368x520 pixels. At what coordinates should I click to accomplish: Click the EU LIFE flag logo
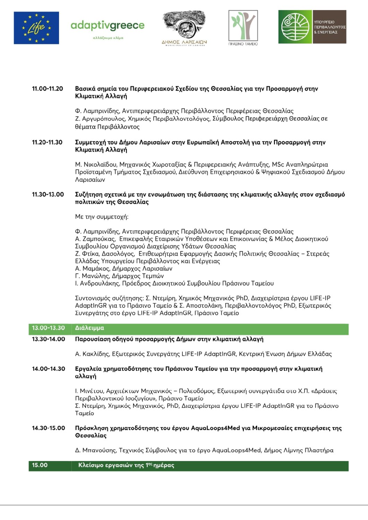(x=36, y=28)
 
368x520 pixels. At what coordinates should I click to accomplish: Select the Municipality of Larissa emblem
(x=184, y=28)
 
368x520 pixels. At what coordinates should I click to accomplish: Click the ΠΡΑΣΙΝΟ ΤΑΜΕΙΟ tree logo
(x=243, y=28)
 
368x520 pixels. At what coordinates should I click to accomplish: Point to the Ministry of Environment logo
(x=312, y=27)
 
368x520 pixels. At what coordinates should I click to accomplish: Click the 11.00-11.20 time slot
(x=48, y=89)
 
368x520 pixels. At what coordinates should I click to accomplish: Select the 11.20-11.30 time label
(x=47, y=142)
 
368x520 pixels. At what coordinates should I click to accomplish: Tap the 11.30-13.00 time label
(x=48, y=194)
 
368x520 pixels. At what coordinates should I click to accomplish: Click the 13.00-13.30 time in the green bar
(x=48, y=328)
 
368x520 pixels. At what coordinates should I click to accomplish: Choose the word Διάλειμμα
(x=89, y=328)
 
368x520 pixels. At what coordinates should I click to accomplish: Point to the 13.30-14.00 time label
(x=48, y=339)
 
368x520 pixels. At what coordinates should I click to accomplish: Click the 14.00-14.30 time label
(x=48, y=369)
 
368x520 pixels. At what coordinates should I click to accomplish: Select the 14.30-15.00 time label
(x=48, y=428)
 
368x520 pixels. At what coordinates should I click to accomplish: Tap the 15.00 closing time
(x=40, y=465)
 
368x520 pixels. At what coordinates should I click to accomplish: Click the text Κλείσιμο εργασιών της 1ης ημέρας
(x=126, y=465)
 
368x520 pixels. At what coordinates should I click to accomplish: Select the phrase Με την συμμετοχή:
(x=102, y=217)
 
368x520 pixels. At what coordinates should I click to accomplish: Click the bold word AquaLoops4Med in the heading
(x=215, y=428)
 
